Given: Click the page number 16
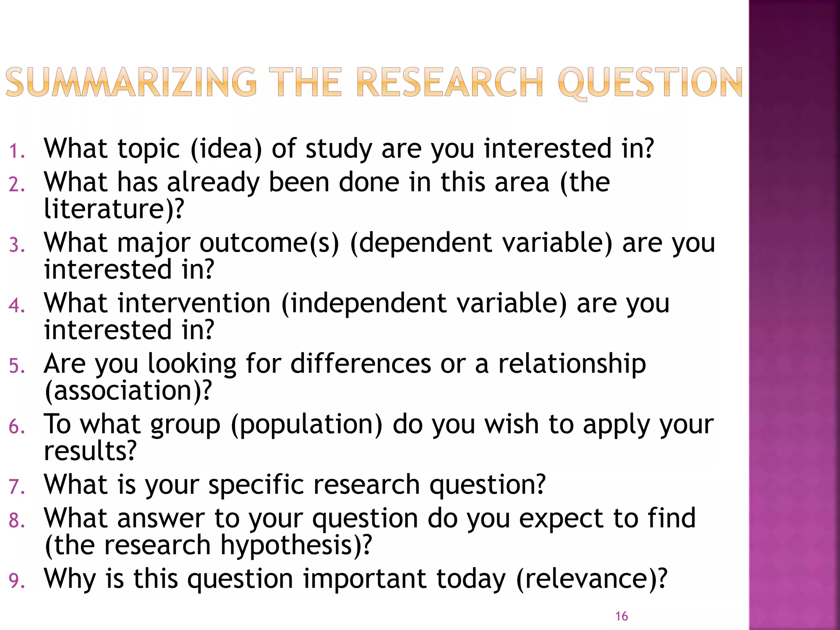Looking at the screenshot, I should (x=621, y=616).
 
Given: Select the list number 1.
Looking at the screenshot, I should (x=16, y=151).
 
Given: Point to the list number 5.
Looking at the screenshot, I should (x=16, y=366).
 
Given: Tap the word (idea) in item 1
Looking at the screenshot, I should (x=226, y=148).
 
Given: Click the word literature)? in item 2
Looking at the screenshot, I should (x=114, y=209).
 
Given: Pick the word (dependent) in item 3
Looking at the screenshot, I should (x=421, y=243).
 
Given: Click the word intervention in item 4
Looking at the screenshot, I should (x=194, y=304).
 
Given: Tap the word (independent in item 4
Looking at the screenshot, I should (x=363, y=304).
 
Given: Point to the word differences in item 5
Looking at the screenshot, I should (x=361, y=363).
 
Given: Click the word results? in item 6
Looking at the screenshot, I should (x=90, y=451).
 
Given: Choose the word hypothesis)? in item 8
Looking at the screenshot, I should (x=296, y=546).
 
